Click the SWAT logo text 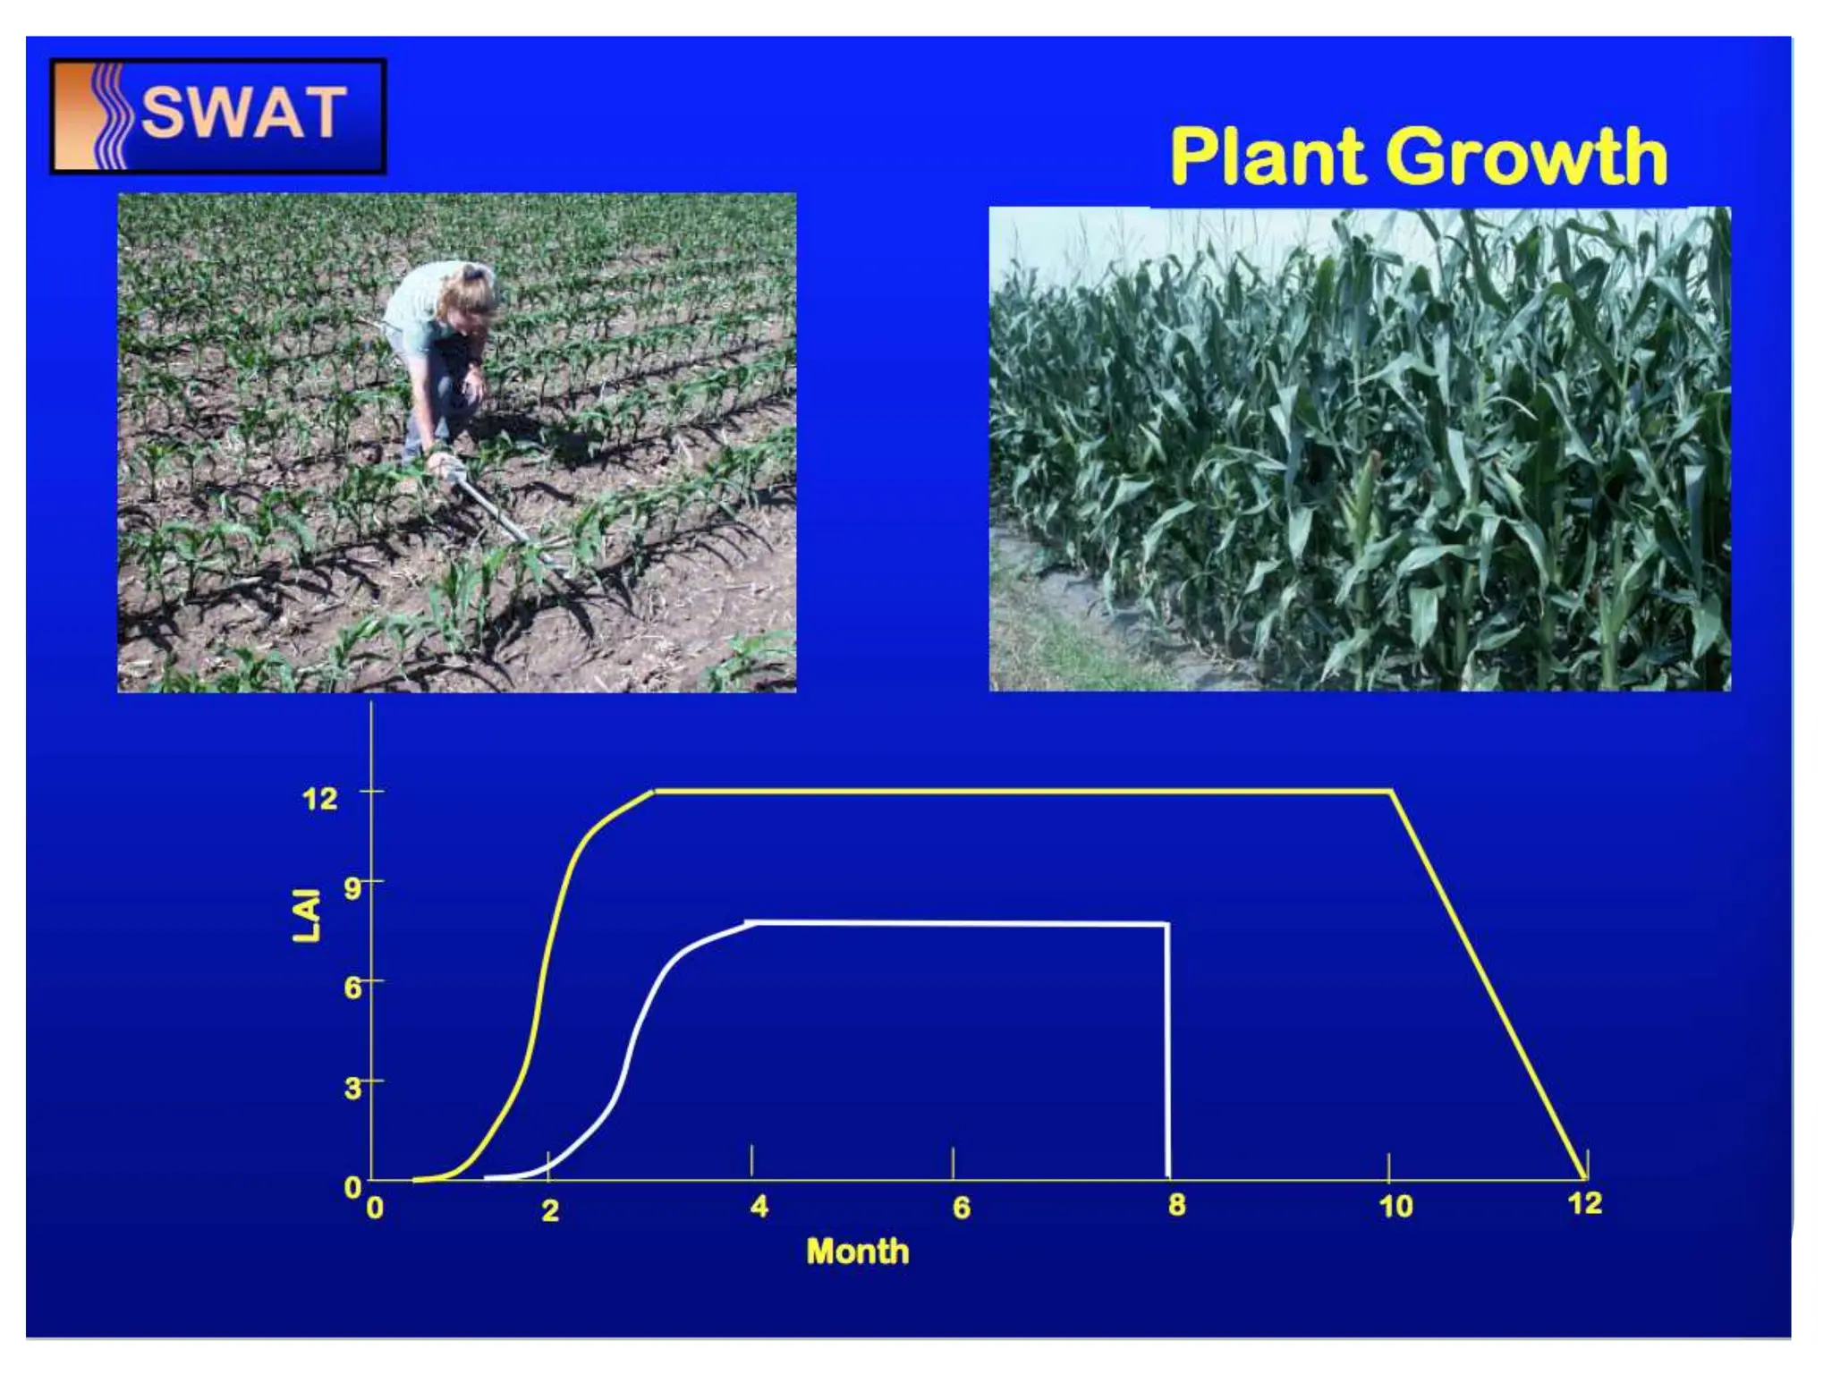click(243, 114)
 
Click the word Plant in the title click(1269, 157)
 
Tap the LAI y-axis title click(307, 914)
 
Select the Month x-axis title click(857, 1251)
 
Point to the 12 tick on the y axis click(319, 797)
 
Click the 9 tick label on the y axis click(352, 888)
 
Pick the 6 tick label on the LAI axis click(352, 988)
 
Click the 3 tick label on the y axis click(352, 1088)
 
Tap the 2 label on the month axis click(550, 1210)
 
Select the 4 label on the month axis click(759, 1207)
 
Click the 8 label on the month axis click(1176, 1205)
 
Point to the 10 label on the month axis click(1395, 1207)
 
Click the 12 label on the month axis click(1584, 1203)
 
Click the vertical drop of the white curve click(1167, 1056)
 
